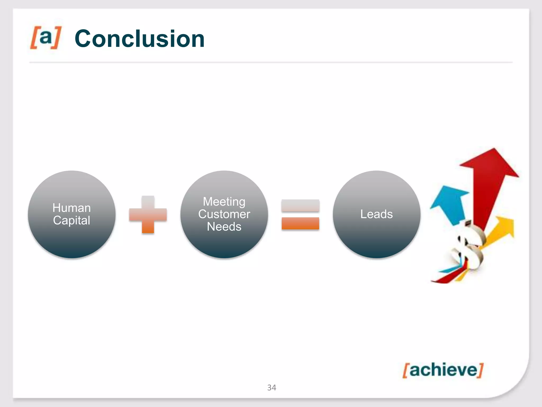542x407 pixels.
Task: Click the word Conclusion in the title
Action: tap(139, 39)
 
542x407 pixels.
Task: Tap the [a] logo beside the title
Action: tap(46, 37)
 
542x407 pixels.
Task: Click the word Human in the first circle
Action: tap(71, 208)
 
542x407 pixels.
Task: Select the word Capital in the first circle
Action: tap(71, 220)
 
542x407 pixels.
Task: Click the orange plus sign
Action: tap(148, 215)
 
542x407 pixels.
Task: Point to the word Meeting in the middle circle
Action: tap(224, 202)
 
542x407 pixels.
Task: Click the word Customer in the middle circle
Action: tap(224, 214)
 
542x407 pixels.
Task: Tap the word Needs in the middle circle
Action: tap(224, 227)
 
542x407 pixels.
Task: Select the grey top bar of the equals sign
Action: tap(300, 206)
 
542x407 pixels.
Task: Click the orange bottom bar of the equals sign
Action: tap(300, 223)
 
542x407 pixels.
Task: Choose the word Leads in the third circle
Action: tap(376, 214)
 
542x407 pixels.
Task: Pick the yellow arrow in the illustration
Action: tap(500, 231)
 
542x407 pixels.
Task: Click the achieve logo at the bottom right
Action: tap(443, 370)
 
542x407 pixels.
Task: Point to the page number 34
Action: tap(272, 388)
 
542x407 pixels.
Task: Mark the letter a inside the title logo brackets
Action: tap(46, 37)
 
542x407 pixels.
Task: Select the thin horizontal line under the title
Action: tap(271, 63)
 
